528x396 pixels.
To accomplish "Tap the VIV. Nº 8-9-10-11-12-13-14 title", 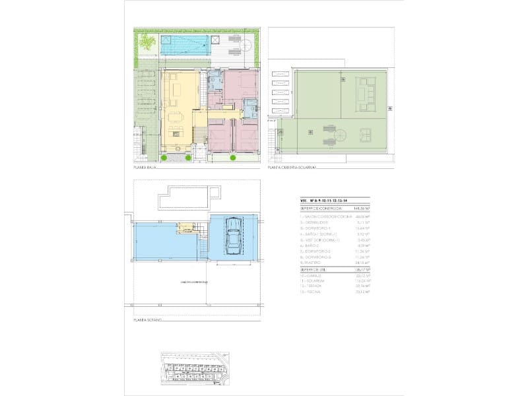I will (323, 201).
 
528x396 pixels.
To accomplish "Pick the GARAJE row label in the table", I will (314, 276).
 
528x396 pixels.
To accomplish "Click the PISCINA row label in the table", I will (314, 291).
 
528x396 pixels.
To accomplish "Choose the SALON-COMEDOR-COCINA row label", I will (323, 216).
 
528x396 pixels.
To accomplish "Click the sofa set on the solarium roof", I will (365, 94).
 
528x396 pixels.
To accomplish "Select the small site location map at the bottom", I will (197, 368).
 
